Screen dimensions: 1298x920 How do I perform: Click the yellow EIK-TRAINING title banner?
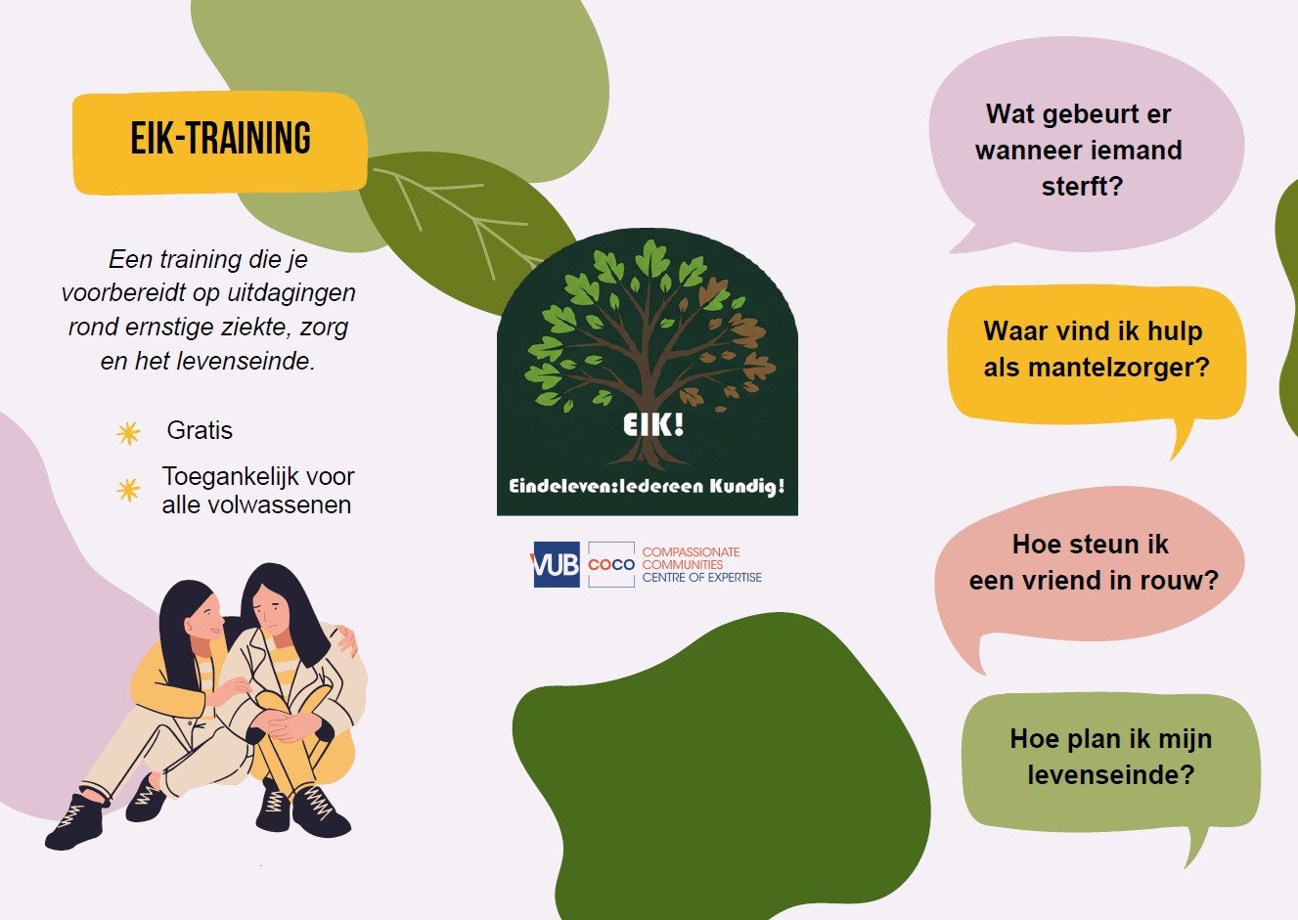[x=220, y=143]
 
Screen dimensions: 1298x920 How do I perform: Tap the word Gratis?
[x=200, y=430]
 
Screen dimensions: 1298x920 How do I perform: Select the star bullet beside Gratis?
[x=128, y=433]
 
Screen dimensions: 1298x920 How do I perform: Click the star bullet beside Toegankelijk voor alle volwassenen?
[x=128, y=490]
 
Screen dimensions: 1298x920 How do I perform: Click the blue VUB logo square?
[x=556, y=564]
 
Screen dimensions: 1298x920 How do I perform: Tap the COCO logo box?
[x=611, y=564]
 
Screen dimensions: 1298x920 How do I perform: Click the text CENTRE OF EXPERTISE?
[x=701, y=578]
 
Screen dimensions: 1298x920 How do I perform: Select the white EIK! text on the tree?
[x=653, y=424]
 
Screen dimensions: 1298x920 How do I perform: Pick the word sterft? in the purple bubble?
[x=1083, y=187]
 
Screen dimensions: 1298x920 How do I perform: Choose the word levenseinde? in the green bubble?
[x=1111, y=775]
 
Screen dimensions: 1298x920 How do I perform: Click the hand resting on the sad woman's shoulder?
[x=347, y=639]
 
